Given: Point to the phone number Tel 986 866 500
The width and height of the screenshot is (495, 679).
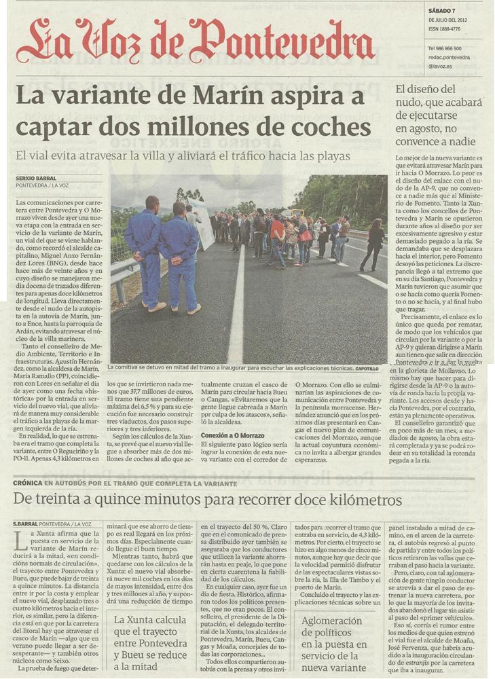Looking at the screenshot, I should [445, 49].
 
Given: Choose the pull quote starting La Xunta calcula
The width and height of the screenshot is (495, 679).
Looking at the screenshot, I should [150, 642].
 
